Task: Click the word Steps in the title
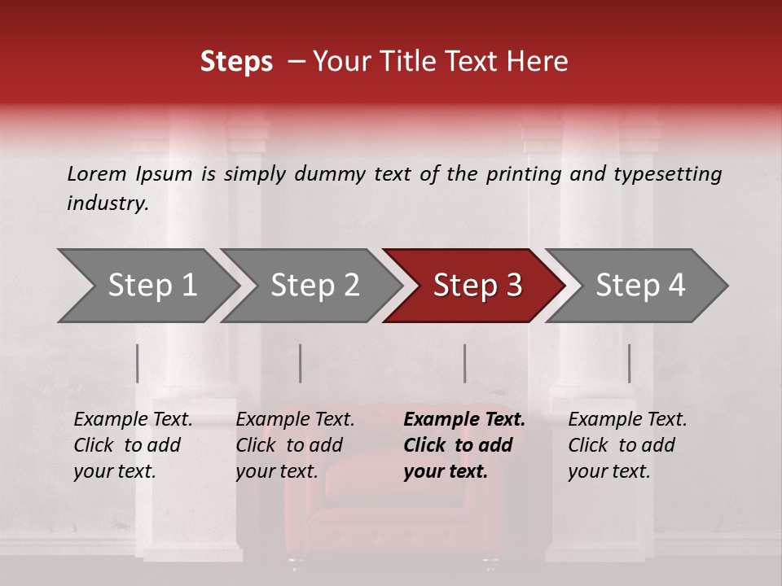(x=236, y=62)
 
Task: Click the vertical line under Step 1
(x=138, y=363)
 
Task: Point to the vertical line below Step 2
(x=301, y=363)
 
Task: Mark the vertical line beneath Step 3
(x=465, y=363)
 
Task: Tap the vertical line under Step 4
(x=629, y=363)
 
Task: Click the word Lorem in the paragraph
(x=97, y=173)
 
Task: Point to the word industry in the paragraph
(x=108, y=203)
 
